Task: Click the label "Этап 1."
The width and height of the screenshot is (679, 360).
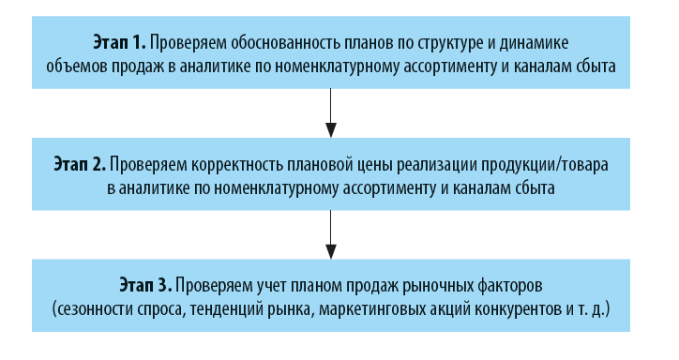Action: (118, 43)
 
